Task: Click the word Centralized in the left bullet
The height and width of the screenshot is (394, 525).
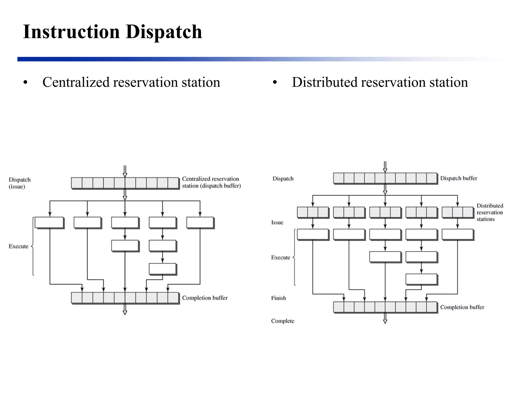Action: click(x=76, y=82)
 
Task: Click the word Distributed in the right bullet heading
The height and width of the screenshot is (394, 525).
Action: click(x=325, y=82)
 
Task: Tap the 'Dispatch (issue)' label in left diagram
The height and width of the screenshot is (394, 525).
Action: click(x=19, y=183)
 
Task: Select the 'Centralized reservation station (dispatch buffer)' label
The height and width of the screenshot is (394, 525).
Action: click(x=211, y=182)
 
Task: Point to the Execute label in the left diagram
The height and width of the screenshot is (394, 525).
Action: click(x=18, y=246)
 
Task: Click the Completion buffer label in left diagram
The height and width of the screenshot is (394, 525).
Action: click(x=205, y=298)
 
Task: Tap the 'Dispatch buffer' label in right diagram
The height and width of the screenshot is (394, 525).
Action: click(x=459, y=178)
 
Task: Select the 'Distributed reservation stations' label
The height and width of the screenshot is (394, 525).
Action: click(x=490, y=212)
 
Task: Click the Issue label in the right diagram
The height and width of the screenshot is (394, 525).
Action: click(x=277, y=222)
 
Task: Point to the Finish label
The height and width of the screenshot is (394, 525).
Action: click(x=278, y=298)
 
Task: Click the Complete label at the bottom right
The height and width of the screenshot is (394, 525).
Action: click(x=282, y=321)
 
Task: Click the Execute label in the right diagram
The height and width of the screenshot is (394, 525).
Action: click(x=280, y=257)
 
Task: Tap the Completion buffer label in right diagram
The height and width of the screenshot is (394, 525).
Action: click(x=462, y=307)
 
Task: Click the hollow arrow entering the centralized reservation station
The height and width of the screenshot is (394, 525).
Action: click(x=125, y=171)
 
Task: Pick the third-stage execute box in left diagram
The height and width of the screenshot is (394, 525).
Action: click(x=163, y=269)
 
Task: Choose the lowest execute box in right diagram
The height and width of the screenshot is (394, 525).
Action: click(x=421, y=279)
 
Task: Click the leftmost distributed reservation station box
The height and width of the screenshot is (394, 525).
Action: click(x=313, y=212)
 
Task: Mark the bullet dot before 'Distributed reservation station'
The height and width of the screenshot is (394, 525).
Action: click(x=275, y=83)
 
